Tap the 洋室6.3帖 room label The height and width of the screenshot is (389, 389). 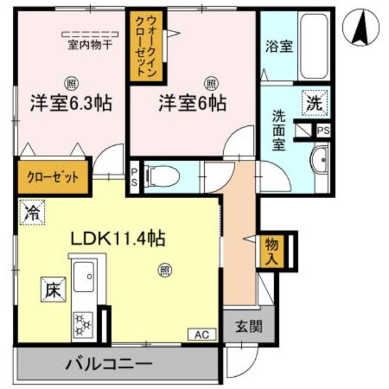click(71, 103)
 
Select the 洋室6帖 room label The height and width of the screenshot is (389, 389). click(193, 103)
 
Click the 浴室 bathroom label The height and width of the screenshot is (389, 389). click(279, 47)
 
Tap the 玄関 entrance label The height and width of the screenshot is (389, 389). click(250, 327)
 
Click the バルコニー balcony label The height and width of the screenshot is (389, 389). click(109, 367)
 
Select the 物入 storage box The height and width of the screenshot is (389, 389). click(272, 249)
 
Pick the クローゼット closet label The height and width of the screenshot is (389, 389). click(53, 178)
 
